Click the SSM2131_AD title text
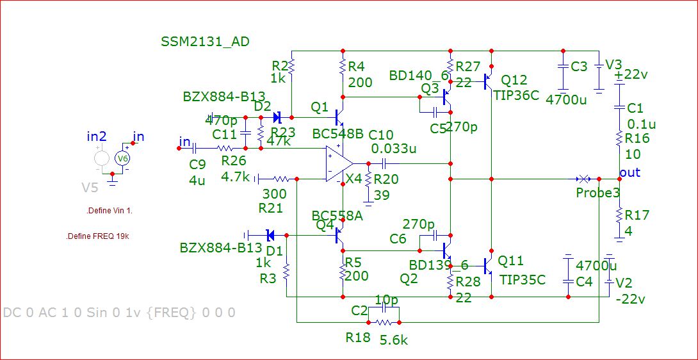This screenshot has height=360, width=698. tap(205, 42)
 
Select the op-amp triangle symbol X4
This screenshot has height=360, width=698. tap(338, 163)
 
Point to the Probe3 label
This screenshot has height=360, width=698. tap(597, 193)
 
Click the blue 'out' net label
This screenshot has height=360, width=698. tap(630, 173)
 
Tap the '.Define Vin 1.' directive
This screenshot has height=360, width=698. tap(113, 211)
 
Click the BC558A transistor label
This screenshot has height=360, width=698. tap(337, 215)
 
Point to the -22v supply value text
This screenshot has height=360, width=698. tap(631, 299)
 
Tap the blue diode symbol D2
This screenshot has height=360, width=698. tap(277, 118)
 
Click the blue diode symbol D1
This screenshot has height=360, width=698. tap(270, 235)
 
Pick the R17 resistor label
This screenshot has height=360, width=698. tap(637, 215)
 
